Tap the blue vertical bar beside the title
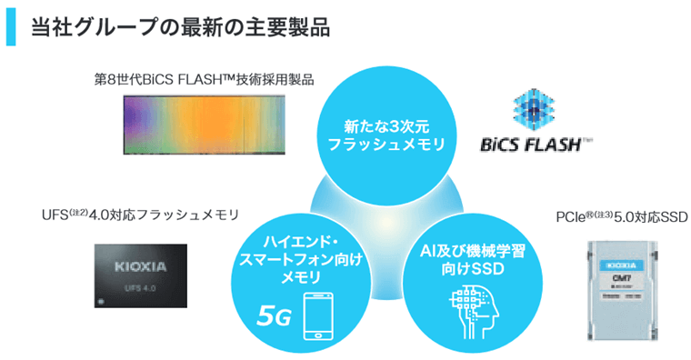pyautogui.click(x=12, y=27)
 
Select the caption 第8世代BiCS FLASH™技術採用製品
pyautogui.click(x=205, y=79)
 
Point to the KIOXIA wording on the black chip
pyautogui.click(x=141, y=267)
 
